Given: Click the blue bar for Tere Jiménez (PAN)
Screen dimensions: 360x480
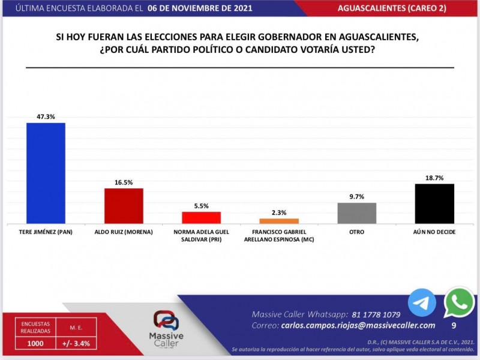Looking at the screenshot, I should point(46,173).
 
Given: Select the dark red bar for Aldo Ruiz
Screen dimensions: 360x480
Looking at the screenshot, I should point(124,206).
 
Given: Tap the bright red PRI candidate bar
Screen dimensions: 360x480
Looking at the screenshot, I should point(202,217).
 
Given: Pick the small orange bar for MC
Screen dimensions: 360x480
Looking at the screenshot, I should point(278,221).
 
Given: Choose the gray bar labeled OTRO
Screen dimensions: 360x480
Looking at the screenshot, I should point(357,213).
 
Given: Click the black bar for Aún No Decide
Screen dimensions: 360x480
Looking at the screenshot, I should point(434,203).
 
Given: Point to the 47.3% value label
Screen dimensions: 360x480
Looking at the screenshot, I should point(46,117).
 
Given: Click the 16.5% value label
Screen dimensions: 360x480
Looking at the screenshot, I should point(124,182).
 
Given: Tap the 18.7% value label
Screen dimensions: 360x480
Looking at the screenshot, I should point(434,178).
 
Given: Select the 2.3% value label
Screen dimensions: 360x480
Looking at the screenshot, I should point(278,212).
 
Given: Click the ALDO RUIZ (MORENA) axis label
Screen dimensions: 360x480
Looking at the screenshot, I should point(124,232).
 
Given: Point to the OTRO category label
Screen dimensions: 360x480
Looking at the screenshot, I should point(357,232).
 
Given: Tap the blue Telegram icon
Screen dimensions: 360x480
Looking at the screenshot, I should point(422,302).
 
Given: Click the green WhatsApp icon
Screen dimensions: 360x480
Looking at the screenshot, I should point(459,302).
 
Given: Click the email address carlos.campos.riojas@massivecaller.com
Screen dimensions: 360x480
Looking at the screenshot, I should point(358,325).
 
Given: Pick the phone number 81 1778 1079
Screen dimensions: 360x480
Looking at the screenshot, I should point(367,314).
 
